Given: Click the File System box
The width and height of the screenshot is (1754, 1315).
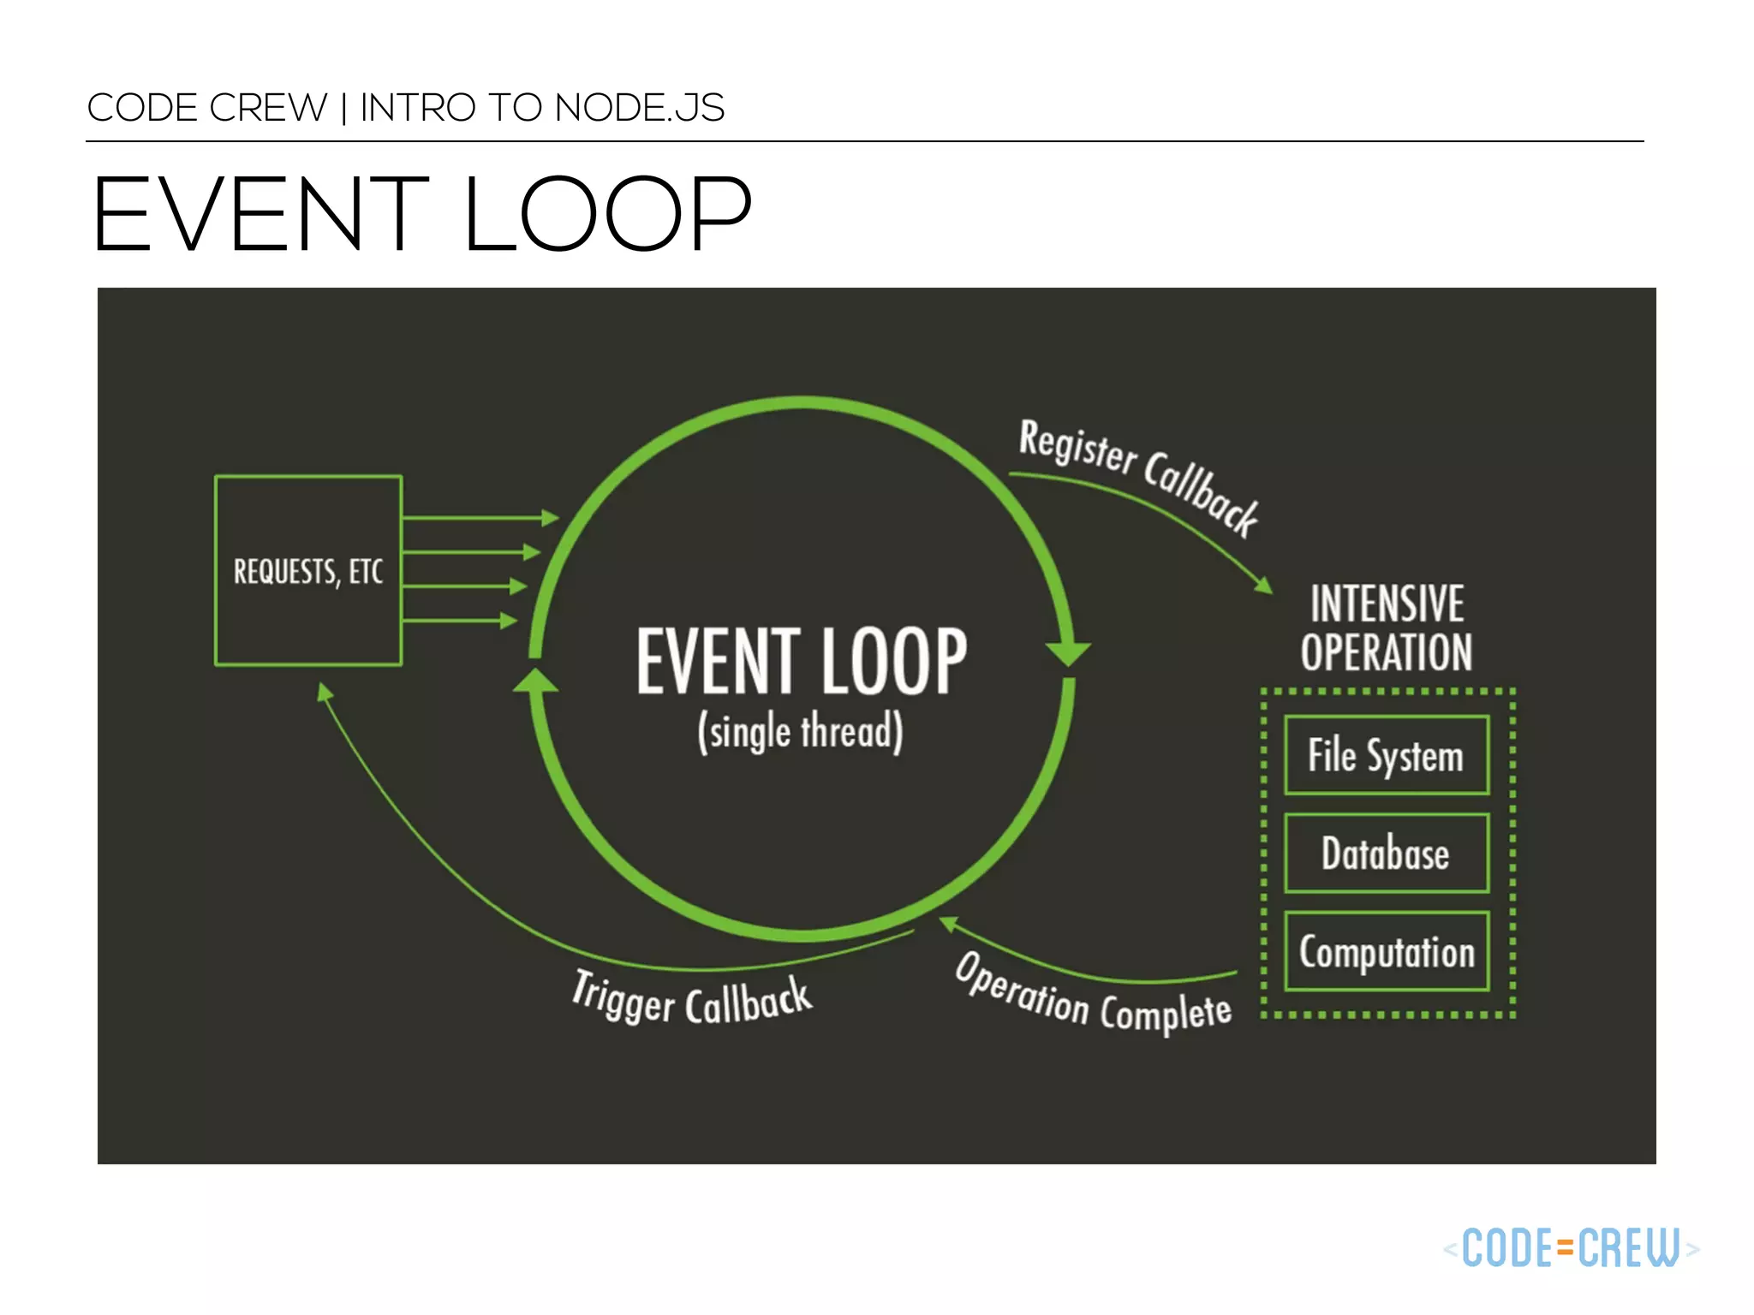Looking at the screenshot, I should point(1386,755).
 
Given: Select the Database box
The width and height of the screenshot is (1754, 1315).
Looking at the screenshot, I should point(1386,854).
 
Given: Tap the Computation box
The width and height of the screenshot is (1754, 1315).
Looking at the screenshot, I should point(1387,951).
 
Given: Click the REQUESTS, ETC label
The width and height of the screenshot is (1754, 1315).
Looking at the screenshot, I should point(308,571).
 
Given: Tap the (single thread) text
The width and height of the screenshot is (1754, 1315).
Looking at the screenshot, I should point(800,731).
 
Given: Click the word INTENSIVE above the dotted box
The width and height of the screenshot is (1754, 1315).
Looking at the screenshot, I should point(1387,604).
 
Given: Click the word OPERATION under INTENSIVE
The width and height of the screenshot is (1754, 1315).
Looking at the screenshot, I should point(1387,653).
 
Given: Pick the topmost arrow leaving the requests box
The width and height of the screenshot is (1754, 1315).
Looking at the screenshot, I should point(480,518).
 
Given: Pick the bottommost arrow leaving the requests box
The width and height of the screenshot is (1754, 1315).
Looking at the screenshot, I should point(459,621).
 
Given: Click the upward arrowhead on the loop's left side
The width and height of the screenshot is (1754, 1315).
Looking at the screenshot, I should point(535,681).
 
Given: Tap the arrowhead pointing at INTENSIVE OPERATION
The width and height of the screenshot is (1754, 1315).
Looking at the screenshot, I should point(1263,586).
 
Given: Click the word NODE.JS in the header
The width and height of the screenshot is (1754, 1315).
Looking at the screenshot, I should point(639,108).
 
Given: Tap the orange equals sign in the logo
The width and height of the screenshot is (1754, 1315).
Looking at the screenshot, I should point(1566,1247).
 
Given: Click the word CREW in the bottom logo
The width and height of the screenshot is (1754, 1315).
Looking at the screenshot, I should point(1630,1247).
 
